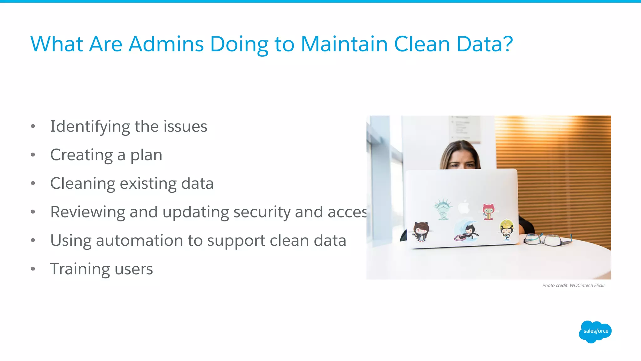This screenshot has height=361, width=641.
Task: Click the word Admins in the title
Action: [166, 44]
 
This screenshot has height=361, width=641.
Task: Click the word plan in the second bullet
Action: [146, 155]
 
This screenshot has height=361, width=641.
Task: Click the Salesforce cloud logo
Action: [595, 332]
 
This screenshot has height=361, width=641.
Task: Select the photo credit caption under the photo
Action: [573, 285]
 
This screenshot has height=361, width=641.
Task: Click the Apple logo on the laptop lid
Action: [464, 207]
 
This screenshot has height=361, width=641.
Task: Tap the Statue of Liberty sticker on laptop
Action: [443, 209]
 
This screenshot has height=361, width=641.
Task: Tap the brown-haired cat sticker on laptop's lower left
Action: [421, 231]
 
